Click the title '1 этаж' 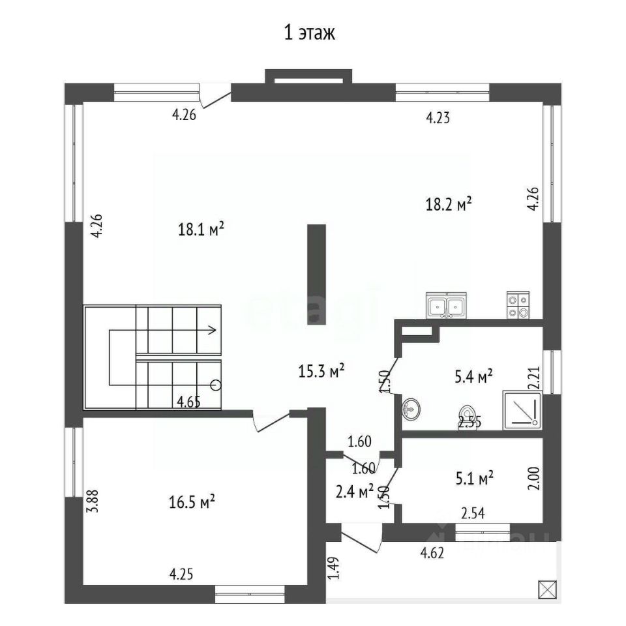pyautogui.click(x=309, y=33)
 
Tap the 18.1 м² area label pyautogui.click(x=201, y=229)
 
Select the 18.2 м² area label pyautogui.click(x=449, y=204)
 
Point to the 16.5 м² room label pyautogui.click(x=192, y=502)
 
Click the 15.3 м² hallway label pyautogui.click(x=321, y=371)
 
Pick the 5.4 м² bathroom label pyautogui.click(x=473, y=376)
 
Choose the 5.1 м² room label pyautogui.click(x=474, y=478)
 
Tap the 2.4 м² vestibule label pyautogui.click(x=355, y=492)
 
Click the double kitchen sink pyautogui.click(x=446, y=305)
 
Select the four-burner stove pyautogui.click(x=518, y=305)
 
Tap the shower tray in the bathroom pyautogui.click(x=522, y=410)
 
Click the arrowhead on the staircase pyautogui.click(x=212, y=330)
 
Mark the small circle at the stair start pyautogui.click(x=216, y=385)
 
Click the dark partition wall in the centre pyautogui.click(x=317, y=275)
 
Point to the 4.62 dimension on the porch pyautogui.click(x=432, y=553)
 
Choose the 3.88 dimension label pyautogui.click(x=93, y=501)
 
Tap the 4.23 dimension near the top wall pyautogui.click(x=438, y=118)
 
